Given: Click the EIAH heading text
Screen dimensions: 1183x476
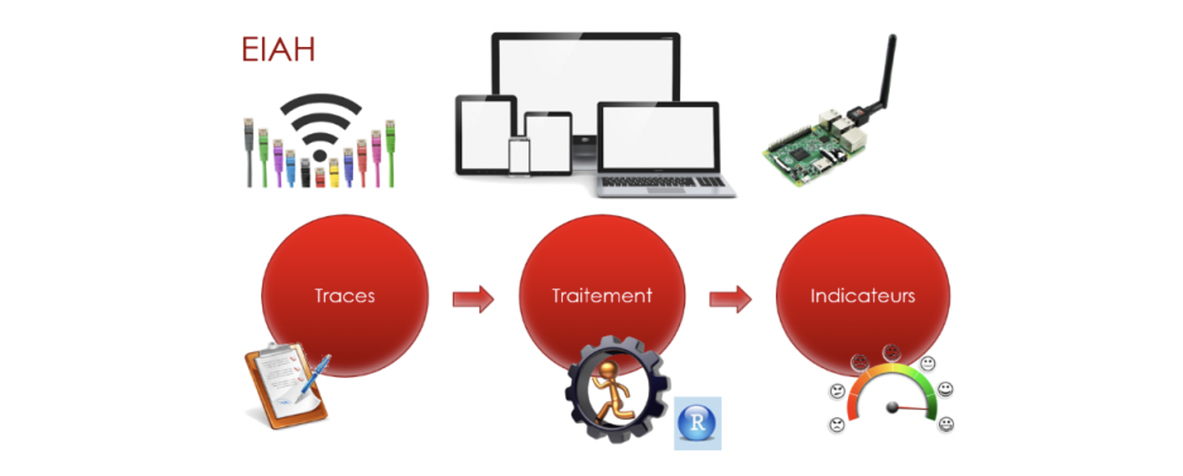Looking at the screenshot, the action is point(278,49).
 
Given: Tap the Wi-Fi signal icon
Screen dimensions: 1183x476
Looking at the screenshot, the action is point(320,127).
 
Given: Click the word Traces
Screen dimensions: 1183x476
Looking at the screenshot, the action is point(344,296).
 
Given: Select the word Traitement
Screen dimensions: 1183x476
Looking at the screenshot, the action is point(601,296).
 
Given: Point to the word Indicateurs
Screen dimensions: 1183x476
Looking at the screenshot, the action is point(862,296).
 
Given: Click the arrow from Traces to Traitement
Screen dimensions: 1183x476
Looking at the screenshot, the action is point(473,299).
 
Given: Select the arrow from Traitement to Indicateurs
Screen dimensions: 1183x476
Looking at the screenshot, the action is point(730,299).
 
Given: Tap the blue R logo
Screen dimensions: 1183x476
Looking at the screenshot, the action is point(697,423).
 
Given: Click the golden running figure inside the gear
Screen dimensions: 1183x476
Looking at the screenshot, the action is point(610,392).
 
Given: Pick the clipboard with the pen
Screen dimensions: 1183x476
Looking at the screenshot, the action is point(286,385).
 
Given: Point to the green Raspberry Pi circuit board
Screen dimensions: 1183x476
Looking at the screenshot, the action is point(816,148).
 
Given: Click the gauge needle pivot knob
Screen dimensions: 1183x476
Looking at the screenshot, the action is point(892,407).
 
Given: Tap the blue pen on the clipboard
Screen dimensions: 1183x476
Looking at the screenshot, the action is point(313,378).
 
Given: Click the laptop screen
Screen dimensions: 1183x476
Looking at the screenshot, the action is point(658,136).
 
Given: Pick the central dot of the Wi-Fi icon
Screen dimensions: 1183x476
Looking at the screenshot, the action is point(319,155).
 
